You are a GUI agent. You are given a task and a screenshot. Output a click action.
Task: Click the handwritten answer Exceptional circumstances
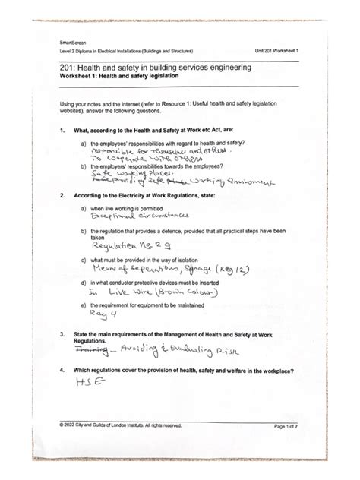tap(127, 216)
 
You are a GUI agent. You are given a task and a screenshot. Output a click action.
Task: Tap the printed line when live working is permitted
tap(134, 207)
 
